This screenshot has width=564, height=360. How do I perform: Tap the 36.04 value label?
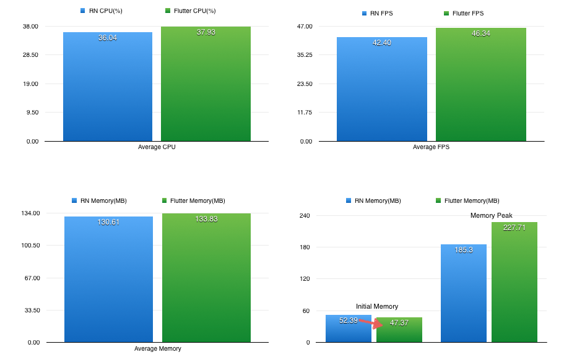point(108,38)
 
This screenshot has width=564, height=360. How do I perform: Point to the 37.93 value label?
point(206,32)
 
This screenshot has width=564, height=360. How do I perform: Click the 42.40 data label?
point(382,43)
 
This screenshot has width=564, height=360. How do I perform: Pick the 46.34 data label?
point(480,33)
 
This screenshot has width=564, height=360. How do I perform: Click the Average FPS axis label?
point(431,147)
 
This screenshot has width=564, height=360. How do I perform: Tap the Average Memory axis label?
point(158,348)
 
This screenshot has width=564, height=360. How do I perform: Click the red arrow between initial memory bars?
point(365,322)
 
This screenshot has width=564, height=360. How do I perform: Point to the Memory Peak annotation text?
point(491,215)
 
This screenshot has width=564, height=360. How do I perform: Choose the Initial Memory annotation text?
point(377,306)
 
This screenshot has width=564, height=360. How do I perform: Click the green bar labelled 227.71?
point(514,285)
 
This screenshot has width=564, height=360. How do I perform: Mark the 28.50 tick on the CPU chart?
point(30,55)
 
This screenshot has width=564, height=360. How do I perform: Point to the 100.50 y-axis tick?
point(29,246)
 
